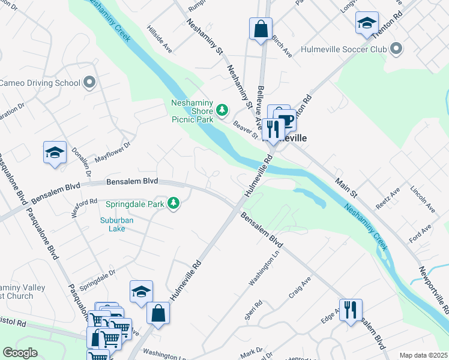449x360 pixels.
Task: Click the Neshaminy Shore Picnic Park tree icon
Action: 223,109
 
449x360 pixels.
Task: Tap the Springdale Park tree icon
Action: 173,204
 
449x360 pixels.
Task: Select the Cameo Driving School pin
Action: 90,82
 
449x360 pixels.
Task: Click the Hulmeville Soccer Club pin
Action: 396,48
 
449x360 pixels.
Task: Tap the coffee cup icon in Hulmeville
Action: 286,119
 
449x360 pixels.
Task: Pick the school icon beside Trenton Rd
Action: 367,23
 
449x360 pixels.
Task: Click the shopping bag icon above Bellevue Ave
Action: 261,28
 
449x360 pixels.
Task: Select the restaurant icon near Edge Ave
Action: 351,310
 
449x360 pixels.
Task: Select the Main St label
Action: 346,188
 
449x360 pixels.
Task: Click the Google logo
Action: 20,353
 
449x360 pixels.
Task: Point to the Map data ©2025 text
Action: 423,355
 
